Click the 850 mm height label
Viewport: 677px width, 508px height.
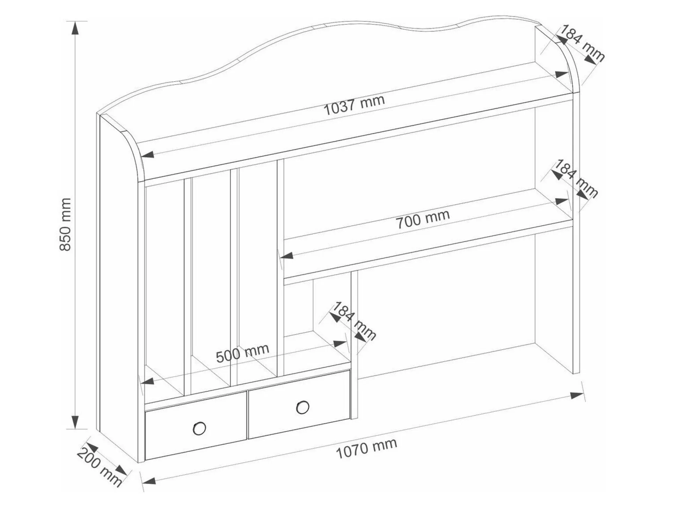tap(66, 224)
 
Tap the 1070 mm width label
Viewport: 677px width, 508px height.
tap(366, 448)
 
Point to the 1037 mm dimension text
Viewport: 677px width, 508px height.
tap(355, 105)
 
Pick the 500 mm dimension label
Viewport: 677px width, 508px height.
tap(243, 353)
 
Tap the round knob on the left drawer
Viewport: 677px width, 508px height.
tap(199, 428)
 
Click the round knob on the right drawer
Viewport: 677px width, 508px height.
tap(303, 407)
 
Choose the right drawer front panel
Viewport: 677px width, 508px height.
tap(299, 404)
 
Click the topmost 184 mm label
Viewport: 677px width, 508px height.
tap(582, 44)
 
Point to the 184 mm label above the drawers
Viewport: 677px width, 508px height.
tap(353, 321)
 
